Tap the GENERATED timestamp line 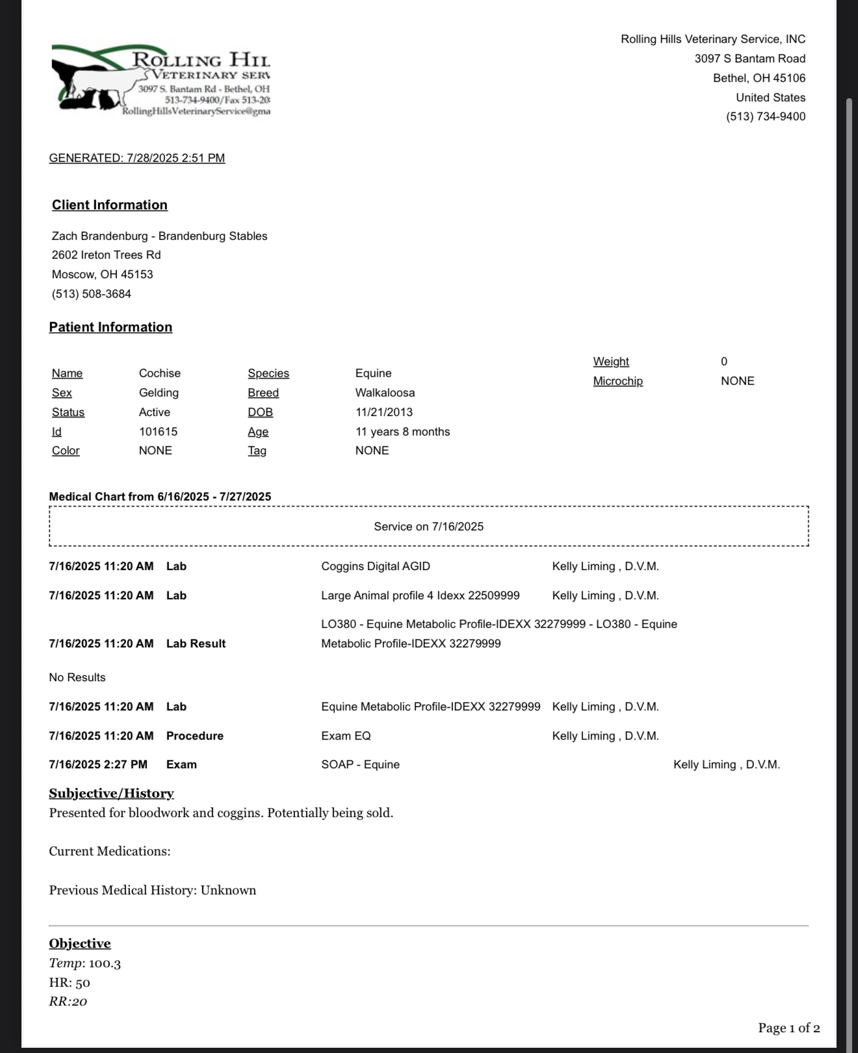(137, 158)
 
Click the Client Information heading (110, 205)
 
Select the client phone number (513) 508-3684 (92, 294)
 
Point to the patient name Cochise (160, 373)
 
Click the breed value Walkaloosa (385, 393)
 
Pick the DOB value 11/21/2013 (383, 412)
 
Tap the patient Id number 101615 (158, 432)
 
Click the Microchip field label (617, 381)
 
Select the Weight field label (611, 361)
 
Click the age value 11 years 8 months (402, 432)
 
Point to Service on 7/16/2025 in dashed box (428, 526)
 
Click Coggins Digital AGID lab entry (376, 566)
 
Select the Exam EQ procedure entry (346, 736)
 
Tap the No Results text (77, 677)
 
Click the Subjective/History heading (111, 793)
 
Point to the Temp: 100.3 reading (85, 963)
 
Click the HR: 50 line (70, 983)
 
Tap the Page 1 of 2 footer (788, 1028)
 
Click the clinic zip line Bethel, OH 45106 (759, 78)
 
